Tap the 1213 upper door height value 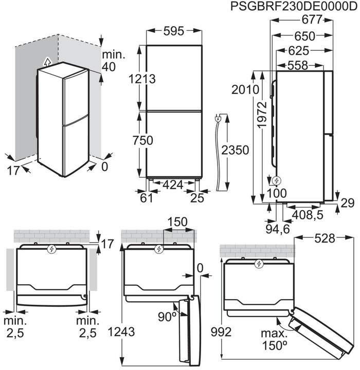(142, 79)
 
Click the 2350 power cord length (235, 150)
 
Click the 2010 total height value (244, 89)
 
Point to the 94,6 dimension (276, 227)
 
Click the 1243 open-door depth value (122, 331)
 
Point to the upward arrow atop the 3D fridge (48, 62)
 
